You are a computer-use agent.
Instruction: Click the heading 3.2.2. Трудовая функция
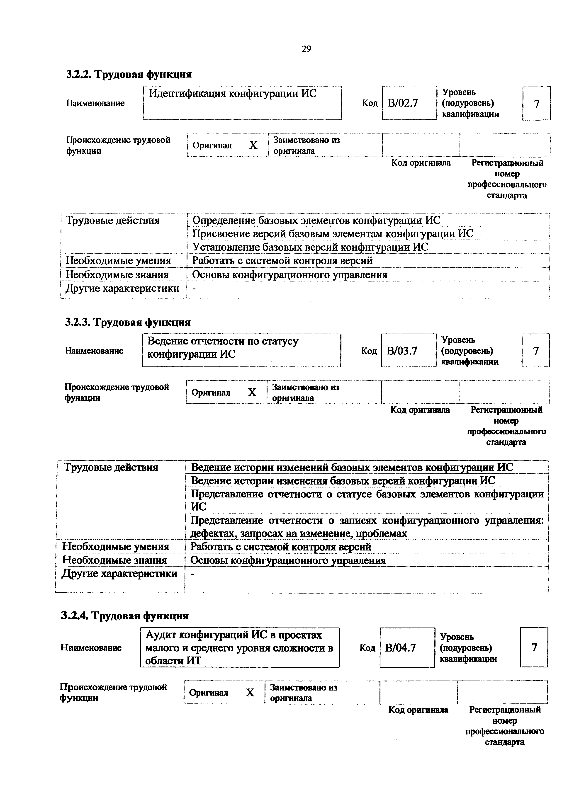[129, 74]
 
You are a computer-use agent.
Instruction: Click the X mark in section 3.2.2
[253, 145]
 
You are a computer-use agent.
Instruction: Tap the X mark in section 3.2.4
[250, 693]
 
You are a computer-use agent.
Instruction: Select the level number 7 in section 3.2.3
[536, 351]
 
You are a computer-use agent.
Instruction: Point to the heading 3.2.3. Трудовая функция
[128, 322]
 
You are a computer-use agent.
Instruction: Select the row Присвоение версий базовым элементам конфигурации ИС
[332, 234]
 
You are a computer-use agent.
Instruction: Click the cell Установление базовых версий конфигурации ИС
[310, 247]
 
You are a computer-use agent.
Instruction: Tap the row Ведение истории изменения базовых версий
[343, 481]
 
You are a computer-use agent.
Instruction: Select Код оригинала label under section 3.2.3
[420, 410]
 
